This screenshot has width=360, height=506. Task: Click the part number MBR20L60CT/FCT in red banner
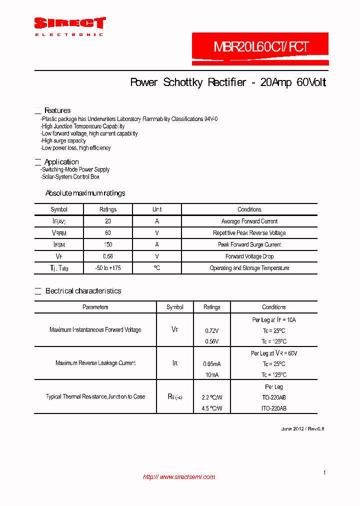261,47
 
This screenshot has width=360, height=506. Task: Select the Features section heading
57,110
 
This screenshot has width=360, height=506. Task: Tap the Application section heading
61,162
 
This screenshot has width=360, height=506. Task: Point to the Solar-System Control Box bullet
70,176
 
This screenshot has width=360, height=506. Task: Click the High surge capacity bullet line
64,141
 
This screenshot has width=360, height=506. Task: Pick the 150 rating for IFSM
108,244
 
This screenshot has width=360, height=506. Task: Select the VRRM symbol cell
59,233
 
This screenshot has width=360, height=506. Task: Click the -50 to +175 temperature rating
108,268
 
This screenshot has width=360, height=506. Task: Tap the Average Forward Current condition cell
249,221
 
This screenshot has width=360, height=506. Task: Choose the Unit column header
157,209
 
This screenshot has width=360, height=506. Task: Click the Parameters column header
95,307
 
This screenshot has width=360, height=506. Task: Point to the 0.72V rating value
212,331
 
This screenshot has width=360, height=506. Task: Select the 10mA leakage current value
212,375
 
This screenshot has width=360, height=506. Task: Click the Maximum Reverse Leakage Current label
95,363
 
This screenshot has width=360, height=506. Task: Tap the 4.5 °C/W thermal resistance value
212,408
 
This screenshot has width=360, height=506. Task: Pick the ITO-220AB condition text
274,408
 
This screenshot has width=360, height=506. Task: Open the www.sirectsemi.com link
179,477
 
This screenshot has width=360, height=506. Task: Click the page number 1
324,472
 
